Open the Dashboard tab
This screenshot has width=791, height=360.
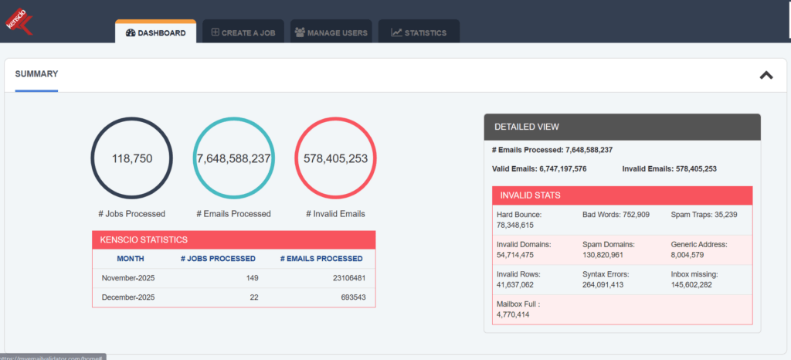(155, 33)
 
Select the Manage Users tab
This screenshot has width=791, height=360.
(331, 33)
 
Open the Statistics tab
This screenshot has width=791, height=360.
(419, 33)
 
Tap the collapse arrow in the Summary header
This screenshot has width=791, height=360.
(766, 75)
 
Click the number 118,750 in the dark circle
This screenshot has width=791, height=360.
(132, 158)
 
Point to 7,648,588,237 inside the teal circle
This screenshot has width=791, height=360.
(233, 158)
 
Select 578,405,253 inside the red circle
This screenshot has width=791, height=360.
(335, 158)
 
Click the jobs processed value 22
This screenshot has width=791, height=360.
(251, 297)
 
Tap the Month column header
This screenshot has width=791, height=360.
(131, 259)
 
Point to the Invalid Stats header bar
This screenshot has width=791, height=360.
(622, 195)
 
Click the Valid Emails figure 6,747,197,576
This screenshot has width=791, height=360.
(565, 168)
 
